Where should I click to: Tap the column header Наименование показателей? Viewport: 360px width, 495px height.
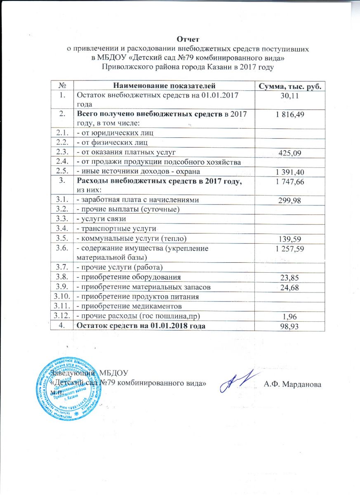pos(164,86)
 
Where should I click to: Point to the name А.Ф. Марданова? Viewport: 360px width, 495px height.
pos(293,384)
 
